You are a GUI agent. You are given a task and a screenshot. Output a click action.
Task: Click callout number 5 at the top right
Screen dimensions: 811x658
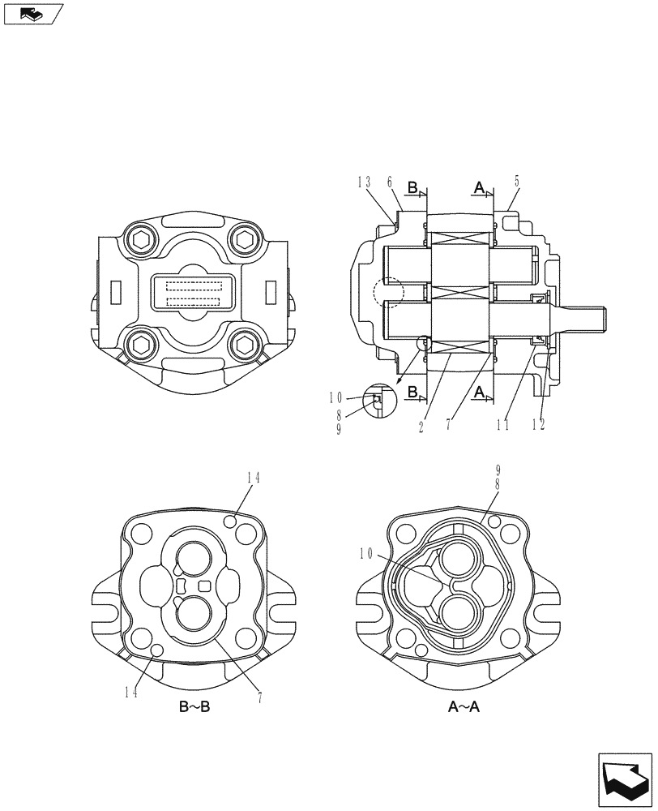point(515,182)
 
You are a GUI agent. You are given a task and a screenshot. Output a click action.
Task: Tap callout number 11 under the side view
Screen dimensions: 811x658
point(503,423)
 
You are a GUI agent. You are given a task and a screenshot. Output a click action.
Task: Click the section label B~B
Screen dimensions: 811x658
point(194,707)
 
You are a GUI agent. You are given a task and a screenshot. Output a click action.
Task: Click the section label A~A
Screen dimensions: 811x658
point(464,707)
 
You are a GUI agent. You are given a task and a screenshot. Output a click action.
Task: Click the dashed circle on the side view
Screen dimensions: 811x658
point(387,291)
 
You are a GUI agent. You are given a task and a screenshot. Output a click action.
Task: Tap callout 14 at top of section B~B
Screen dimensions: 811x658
point(254,478)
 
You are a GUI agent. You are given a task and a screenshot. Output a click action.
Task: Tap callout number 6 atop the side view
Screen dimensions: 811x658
point(390,182)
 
